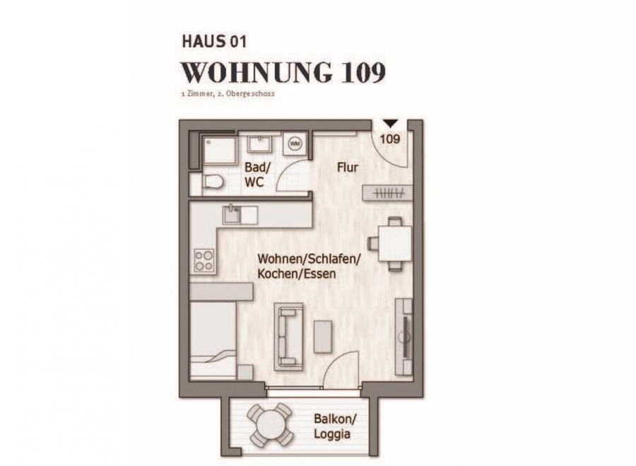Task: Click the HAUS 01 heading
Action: [x=213, y=42]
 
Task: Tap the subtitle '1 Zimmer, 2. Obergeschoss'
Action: [x=228, y=94]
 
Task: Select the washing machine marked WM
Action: [x=295, y=144]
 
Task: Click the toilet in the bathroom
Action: [x=213, y=182]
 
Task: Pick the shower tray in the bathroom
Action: [x=220, y=152]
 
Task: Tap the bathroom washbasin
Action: [x=260, y=144]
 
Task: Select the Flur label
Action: [x=348, y=168]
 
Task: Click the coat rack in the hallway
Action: [x=388, y=192]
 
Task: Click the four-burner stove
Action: [x=204, y=260]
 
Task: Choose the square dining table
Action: [x=395, y=243]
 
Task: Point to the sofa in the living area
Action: [x=289, y=337]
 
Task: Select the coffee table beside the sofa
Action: [x=323, y=337]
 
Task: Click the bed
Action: [x=213, y=340]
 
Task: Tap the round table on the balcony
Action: [x=271, y=424]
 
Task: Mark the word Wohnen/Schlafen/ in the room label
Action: [x=309, y=259]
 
